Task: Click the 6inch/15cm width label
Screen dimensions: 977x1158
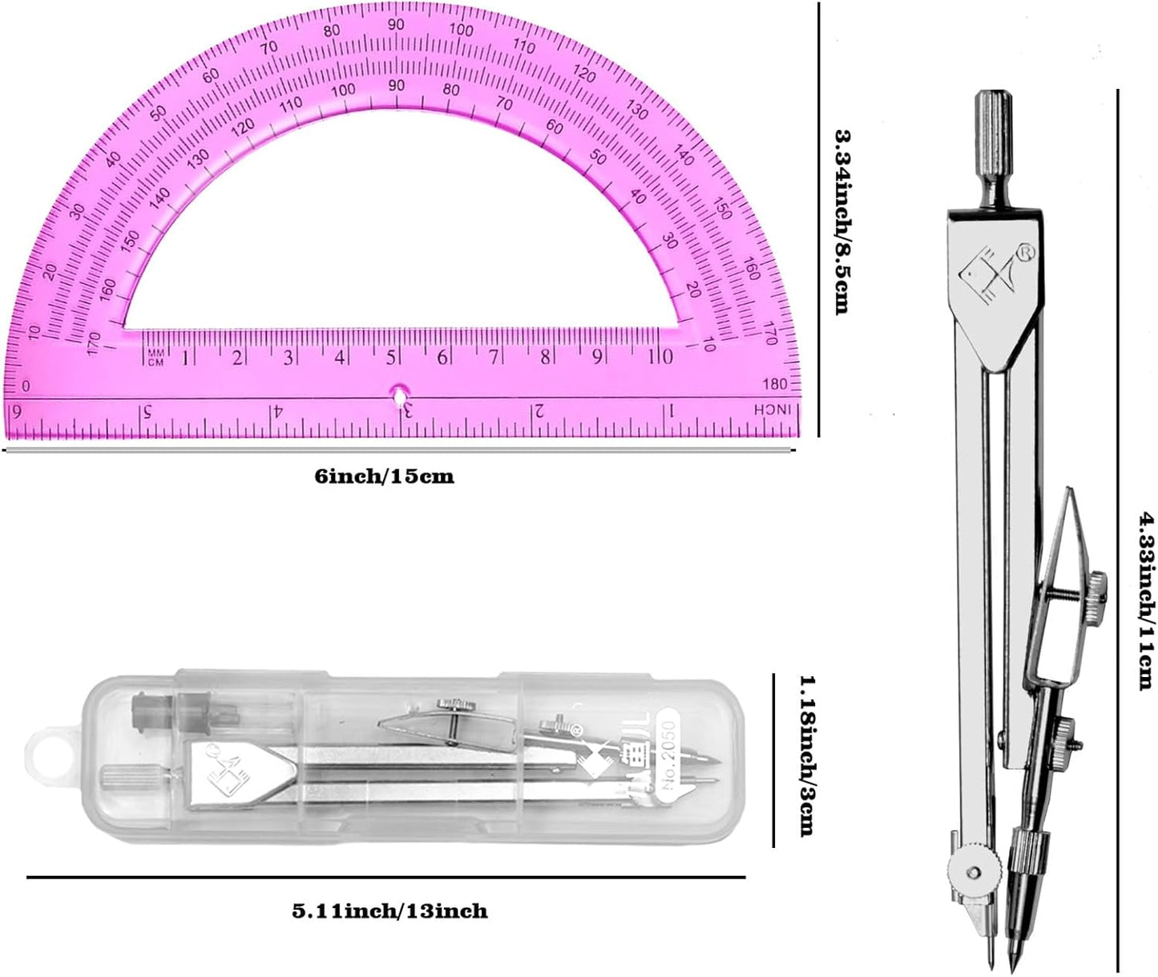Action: click(x=384, y=476)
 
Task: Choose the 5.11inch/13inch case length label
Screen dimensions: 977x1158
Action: click(x=389, y=911)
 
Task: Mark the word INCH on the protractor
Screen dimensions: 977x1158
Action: click(x=776, y=410)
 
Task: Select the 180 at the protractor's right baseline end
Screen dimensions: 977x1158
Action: click(x=776, y=384)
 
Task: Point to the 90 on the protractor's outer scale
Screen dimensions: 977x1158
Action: click(x=396, y=25)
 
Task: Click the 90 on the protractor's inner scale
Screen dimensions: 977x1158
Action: click(x=397, y=85)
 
